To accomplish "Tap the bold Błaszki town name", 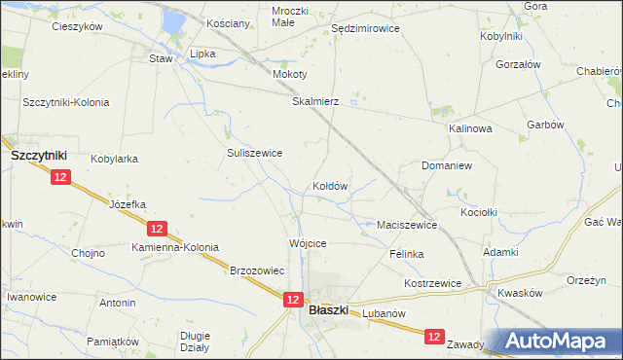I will pos(328,311).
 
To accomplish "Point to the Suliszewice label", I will pos(254,153).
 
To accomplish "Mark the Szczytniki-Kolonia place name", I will pos(66,102).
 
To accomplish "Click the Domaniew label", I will pos(447,166).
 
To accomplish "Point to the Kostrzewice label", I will pos(432,283).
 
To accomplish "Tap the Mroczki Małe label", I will pos(290,16).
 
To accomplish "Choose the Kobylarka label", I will pos(114,159).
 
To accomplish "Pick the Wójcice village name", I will pos(307,242).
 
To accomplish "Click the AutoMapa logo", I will pos(558,341).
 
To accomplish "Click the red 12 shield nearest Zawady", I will pos(434,337).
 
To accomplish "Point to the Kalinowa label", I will pos(470,128).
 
